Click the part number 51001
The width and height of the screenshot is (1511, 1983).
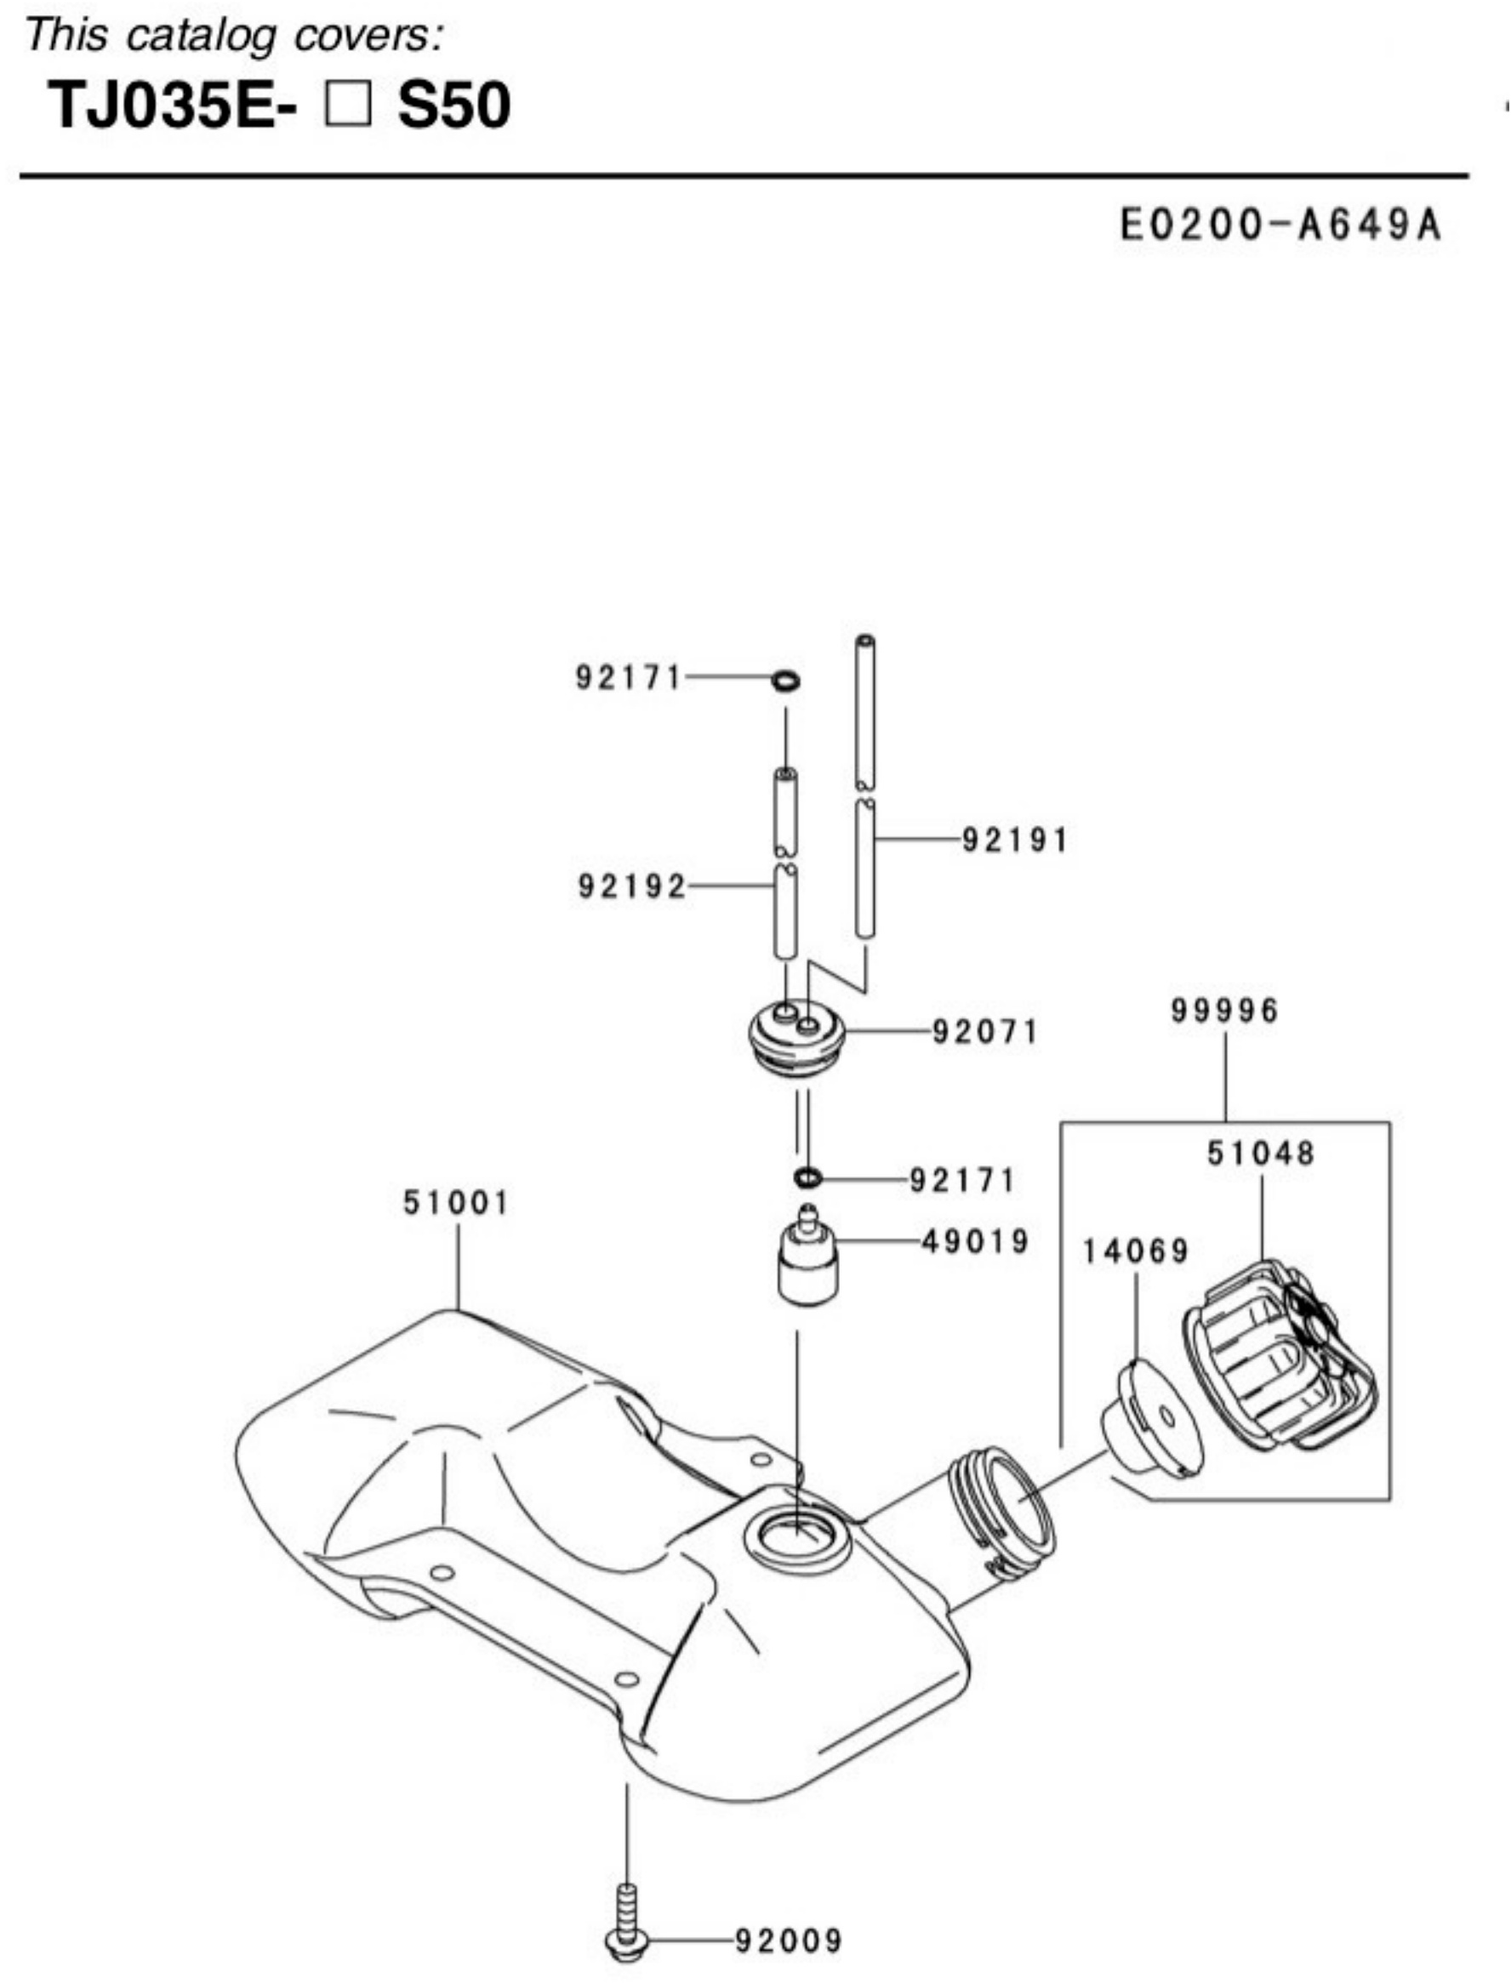[455, 1202]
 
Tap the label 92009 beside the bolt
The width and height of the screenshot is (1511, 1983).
[789, 1940]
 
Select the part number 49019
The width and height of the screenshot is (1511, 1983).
[976, 1242]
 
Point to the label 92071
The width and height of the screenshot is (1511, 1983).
[986, 1032]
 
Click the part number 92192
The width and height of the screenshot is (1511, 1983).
[631, 886]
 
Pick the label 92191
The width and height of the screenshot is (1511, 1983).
[1017, 840]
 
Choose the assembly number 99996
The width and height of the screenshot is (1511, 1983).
[1224, 1011]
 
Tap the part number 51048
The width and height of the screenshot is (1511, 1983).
[1261, 1153]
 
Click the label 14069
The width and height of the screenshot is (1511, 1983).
[1135, 1251]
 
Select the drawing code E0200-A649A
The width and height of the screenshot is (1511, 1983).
[1280, 225]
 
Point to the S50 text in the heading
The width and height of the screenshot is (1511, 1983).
[454, 105]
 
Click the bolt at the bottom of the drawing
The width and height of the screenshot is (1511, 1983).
[627, 1924]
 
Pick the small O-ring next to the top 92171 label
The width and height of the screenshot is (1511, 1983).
[785, 681]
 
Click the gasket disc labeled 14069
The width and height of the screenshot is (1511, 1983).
[1152, 1418]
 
